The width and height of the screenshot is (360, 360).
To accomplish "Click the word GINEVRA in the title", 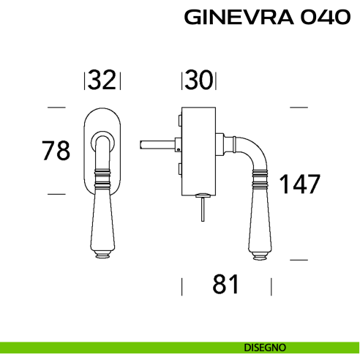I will tap(239, 18).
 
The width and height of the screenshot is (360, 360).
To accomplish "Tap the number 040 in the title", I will tap(323, 18).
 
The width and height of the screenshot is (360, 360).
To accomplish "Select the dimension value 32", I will tap(102, 80).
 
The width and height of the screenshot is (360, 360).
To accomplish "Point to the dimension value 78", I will tap(56, 151).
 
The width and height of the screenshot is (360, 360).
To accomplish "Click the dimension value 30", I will tap(198, 80).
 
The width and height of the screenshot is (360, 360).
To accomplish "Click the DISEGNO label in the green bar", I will tap(266, 347).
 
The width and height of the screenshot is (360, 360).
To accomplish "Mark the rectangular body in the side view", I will tap(198, 150).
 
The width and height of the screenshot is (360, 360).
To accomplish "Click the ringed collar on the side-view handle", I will tap(258, 176).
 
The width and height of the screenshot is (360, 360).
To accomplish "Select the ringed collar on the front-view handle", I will tap(102, 176).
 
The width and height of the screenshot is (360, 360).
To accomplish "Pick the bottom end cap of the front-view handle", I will tap(102, 255).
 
